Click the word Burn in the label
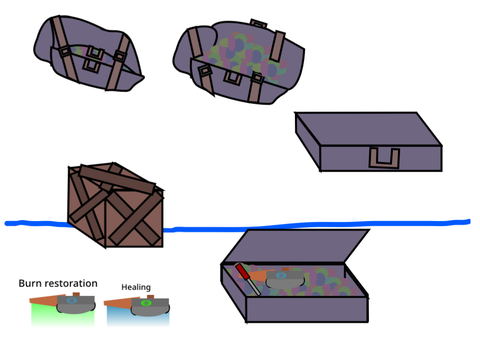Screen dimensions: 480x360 [x=27, y=283]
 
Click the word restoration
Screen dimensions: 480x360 [x=68, y=283]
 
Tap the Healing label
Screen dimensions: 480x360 [x=136, y=287]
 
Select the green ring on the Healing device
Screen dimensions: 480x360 [x=146, y=303]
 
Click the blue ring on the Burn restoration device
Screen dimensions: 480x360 [x=72, y=301]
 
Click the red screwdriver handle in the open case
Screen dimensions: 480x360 [x=242, y=271]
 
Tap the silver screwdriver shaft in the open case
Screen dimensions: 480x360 [x=254, y=287]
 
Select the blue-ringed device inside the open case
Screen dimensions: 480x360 [x=285, y=279]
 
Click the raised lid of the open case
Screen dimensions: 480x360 [x=295, y=246]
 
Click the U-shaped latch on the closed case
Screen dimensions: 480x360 [x=384, y=158]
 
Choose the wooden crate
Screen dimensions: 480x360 [x=115, y=205]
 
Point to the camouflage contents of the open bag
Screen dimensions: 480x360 [x=247, y=57]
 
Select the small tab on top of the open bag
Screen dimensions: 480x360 [x=259, y=24]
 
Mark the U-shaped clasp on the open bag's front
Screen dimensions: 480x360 [x=233, y=78]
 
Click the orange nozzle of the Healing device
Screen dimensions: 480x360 [x=117, y=303]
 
